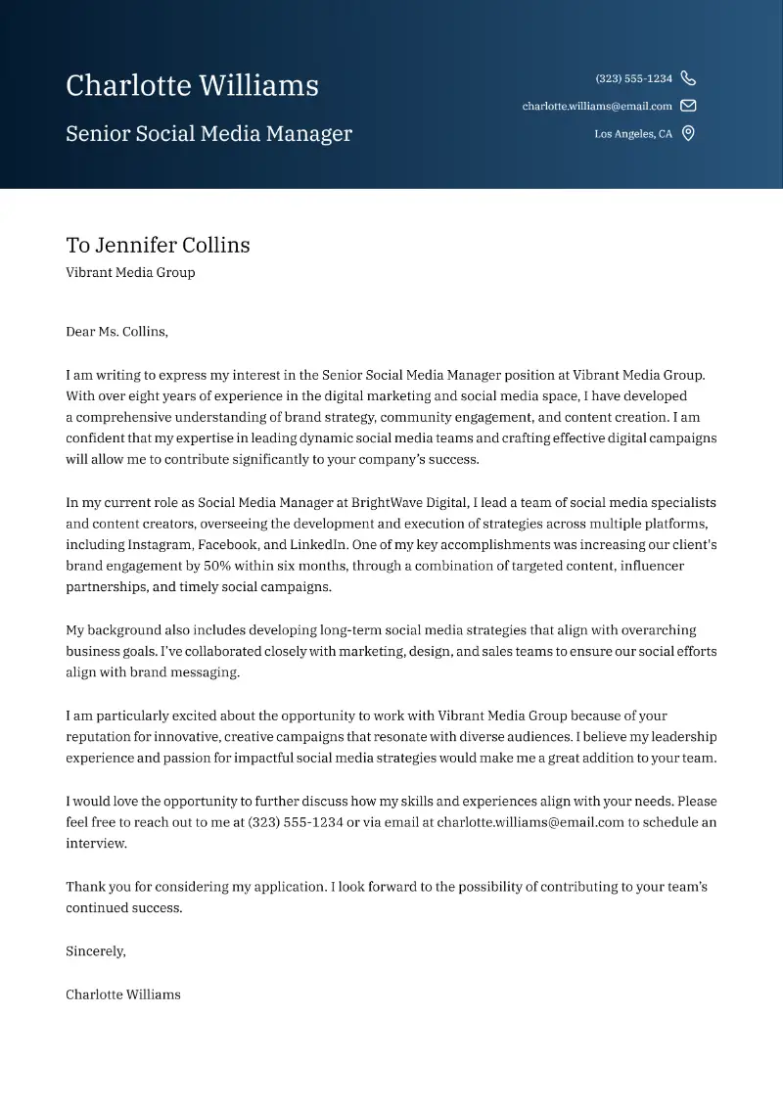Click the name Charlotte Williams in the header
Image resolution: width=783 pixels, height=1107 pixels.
tap(192, 86)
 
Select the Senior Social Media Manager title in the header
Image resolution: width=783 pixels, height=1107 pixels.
tap(208, 134)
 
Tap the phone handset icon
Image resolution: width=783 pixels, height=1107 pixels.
tap(688, 78)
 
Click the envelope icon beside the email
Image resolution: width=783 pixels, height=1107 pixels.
tap(688, 106)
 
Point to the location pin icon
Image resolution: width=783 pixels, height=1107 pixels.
tap(688, 134)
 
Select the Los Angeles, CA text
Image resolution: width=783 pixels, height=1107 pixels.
tap(633, 134)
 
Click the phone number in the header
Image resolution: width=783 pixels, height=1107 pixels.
tap(633, 78)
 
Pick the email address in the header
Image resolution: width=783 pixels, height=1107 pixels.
tap(597, 106)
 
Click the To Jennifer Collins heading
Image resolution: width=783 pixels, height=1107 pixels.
tap(158, 245)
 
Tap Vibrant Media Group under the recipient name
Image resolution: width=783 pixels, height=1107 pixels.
tap(130, 273)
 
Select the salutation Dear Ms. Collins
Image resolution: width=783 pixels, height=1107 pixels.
tap(116, 332)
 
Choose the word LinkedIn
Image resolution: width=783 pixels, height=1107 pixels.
tap(319, 545)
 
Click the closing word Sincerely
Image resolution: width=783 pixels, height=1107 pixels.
tap(96, 951)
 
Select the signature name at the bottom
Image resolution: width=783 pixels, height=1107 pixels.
tap(123, 994)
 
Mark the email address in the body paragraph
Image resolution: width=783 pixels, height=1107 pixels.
tap(530, 822)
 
